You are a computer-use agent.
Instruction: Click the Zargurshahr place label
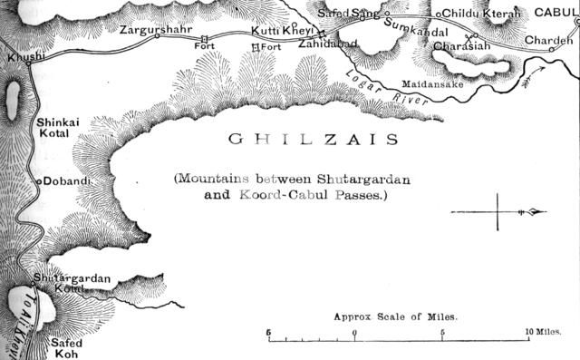click(155, 30)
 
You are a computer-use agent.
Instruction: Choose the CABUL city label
click(556, 13)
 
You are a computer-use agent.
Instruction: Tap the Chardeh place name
click(550, 40)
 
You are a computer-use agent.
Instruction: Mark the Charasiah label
click(463, 45)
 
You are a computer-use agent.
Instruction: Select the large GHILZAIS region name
click(300, 140)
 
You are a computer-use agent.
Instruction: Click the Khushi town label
click(24, 57)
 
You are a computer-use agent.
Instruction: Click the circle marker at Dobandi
click(39, 181)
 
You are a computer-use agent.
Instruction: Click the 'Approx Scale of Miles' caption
click(395, 317)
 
